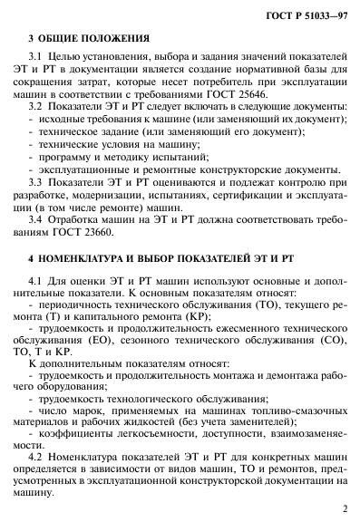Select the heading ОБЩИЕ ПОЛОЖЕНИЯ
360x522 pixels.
[93, 38]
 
